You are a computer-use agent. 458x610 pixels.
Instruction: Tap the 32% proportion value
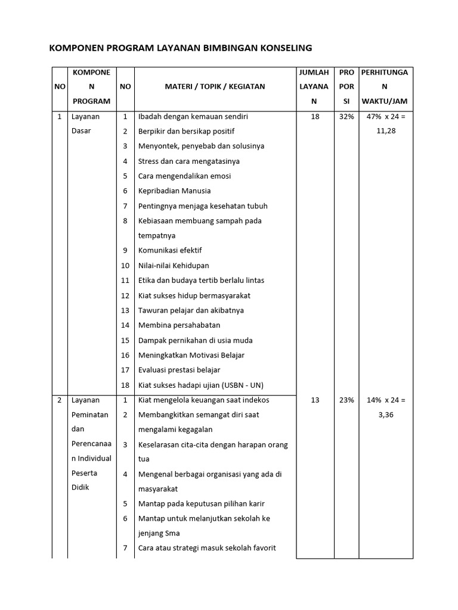coord(346,117)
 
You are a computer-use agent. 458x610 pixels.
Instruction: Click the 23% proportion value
coord(346,400)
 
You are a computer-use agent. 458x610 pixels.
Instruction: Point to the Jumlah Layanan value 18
coord(315,117)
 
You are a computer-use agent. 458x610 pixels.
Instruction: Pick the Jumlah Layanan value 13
coord(315,400)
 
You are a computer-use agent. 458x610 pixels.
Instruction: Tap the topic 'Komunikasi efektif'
coord(171,251)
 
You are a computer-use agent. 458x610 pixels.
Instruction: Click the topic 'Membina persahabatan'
coord(179,325)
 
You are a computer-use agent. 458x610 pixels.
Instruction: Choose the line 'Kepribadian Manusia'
coord(174,191)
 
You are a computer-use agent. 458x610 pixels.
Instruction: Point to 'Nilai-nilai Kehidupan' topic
coord(174,266)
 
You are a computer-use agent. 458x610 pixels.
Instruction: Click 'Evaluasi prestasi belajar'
coord(179,370)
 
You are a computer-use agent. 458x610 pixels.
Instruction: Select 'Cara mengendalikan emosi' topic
coord(184,176)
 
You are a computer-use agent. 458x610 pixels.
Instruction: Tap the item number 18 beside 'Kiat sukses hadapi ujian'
coord(125,385)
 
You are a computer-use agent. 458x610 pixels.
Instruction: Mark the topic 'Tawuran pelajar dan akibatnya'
coord(191,310)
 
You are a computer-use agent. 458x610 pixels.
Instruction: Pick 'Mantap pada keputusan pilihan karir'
coord(202,503)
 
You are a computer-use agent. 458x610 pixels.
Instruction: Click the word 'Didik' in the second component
coord(80,487)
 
